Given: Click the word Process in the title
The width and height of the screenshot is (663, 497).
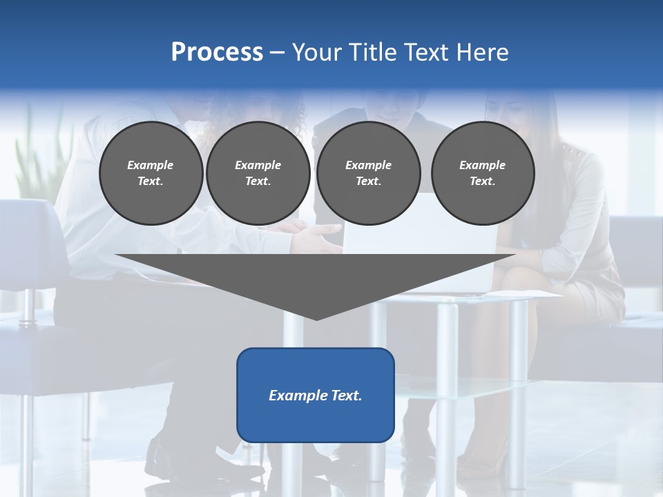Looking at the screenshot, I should tap(217, 52).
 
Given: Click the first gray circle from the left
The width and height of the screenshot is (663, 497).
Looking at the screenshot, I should tap(151, 173).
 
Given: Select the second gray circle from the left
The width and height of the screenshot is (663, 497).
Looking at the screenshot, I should tap(258, 173).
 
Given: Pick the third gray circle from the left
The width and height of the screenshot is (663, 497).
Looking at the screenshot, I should tap(369, 173).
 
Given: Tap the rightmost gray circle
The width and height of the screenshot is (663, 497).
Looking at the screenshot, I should tap(483, 173).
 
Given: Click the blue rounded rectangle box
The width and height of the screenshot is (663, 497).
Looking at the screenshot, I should tap(316, 395).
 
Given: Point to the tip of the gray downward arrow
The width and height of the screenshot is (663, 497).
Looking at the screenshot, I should tap(316, 318).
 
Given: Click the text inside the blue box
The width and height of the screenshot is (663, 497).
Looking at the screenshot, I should tap(316, 396).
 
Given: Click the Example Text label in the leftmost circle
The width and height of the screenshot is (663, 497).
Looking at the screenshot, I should tap(151, 173).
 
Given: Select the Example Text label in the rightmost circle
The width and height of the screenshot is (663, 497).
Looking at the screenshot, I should tap(483, 173).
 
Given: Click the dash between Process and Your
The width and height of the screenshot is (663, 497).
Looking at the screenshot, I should tap(278, 52).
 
